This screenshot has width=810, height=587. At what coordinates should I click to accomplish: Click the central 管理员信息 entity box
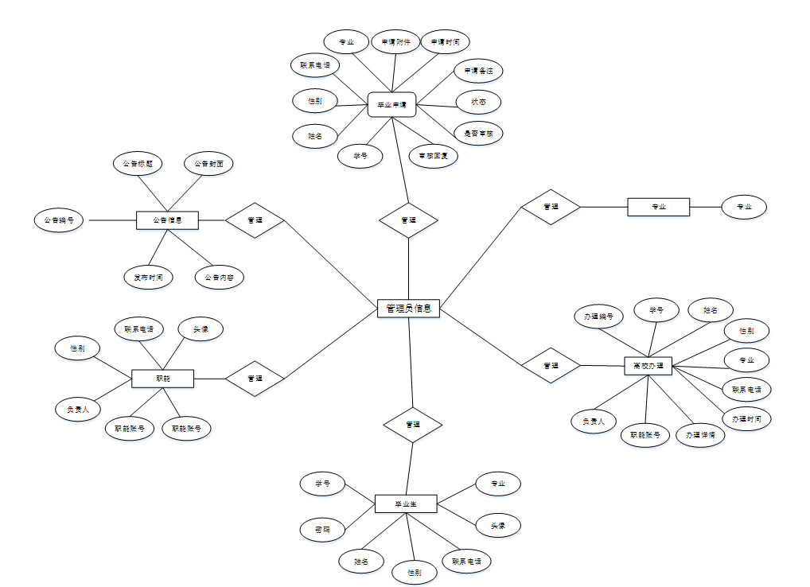tap(408, 308)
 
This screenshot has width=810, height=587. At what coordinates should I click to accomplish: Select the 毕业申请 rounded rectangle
tap(392, 104)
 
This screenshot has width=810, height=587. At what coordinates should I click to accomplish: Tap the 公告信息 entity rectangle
tap(167, 220)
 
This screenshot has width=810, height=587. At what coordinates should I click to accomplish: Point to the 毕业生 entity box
tap(406, 503)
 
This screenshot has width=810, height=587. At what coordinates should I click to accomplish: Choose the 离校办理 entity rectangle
tap(648, 366)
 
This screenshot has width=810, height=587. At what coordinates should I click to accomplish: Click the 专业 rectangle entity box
tap(658, 207)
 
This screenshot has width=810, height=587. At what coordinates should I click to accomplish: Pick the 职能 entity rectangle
tap(162, 379)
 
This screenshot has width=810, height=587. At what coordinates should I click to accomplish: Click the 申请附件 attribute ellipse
tap(395, 41)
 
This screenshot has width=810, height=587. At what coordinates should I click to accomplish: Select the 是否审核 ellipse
tap(478, 133)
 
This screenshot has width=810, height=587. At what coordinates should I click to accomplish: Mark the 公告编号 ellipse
tap(59, 220)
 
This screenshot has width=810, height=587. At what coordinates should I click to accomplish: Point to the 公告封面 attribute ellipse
tap(209, 164)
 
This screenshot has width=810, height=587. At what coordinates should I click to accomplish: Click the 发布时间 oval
tap(149, 277)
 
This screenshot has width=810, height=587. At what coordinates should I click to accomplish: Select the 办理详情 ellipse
tap(700, 435)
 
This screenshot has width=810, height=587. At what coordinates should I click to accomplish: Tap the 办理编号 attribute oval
tap(598, 316)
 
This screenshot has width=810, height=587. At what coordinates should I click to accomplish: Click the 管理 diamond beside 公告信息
tap(255, 220)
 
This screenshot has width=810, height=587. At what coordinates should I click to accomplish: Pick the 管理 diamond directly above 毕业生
tap(412, 425)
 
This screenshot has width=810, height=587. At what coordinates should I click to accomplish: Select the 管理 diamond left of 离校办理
tap(551, 366)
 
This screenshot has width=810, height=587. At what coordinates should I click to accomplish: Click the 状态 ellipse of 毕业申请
tap(478, 102)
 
